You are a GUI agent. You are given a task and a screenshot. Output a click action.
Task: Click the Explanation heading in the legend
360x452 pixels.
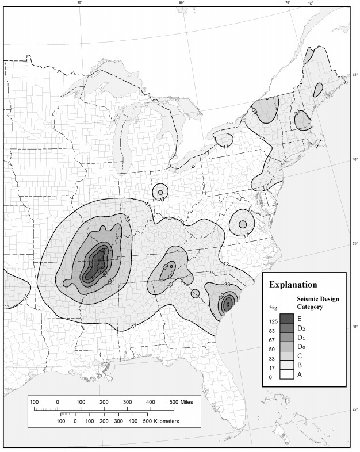[x=293, y=284]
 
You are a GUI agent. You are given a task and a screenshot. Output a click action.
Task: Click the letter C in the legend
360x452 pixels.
[x=300, y=356]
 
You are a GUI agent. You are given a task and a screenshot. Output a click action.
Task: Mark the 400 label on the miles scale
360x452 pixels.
[x=150, y=401]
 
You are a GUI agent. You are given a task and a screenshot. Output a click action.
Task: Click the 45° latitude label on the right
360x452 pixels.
[x=355, y=75]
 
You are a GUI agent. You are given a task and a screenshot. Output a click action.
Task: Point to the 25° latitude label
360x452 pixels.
[x=355, y=410]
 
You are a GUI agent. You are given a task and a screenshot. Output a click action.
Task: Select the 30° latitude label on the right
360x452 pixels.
[x=355, y=327]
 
